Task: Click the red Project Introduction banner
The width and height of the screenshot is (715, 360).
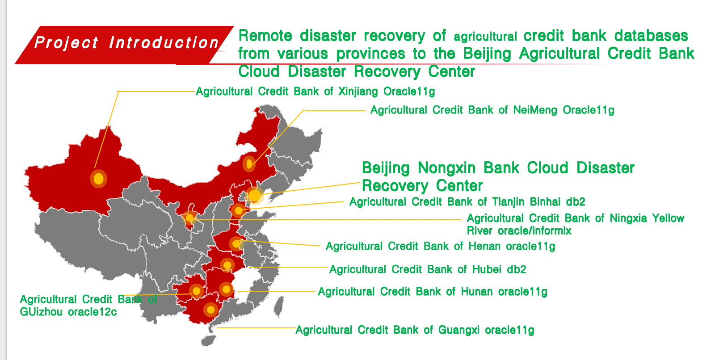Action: point(125,45)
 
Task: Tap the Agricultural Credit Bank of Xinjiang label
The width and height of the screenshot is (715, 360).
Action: point(315,92)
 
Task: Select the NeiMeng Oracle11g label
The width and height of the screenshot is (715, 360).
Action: point(492,110)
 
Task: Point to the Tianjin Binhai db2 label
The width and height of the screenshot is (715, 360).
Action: point(467,202)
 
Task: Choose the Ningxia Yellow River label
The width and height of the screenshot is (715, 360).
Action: point(575,224)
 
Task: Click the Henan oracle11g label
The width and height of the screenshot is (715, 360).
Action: point(441,247)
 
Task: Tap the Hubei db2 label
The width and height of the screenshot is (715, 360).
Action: point(428,269)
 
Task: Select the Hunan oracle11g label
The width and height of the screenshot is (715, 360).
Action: point(433,292)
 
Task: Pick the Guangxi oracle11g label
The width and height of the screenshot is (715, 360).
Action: point(415,330)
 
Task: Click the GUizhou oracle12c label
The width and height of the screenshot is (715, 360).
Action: point(88,306)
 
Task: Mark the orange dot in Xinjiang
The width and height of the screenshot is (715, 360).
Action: point(99,179)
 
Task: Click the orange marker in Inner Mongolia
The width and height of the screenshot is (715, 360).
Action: point(249,164)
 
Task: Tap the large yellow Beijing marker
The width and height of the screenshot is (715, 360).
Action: point(254,195)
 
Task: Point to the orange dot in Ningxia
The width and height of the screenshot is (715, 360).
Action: point(189,218)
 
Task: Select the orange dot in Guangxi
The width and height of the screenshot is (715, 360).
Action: point(210,310)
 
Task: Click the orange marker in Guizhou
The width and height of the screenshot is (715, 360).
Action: point(196,291)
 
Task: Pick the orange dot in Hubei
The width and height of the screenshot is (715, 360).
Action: point(227,265)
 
